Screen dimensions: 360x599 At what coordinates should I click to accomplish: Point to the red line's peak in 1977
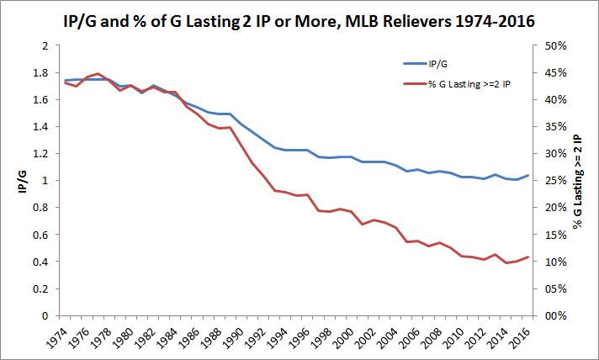(x=99, y=73)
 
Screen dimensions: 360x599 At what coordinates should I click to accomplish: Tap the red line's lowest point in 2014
(x=508, y=263)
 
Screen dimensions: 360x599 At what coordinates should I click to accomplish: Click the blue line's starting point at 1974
(x=66, y=81)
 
